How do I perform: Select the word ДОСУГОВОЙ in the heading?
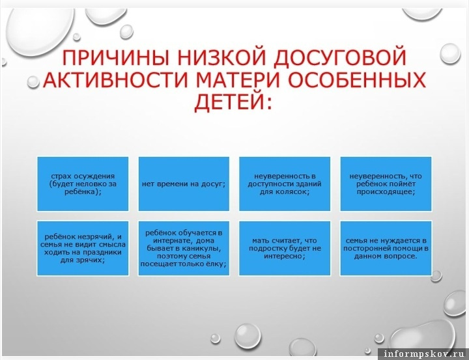pos(340,57)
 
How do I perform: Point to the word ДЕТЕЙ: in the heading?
pos(233,102)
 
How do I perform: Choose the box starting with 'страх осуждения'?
pos(83,184)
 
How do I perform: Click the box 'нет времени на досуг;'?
pos(184,184)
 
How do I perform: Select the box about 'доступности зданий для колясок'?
pos(285,184)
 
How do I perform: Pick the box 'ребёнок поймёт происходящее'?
pos(386,184)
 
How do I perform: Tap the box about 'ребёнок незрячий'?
pos(83,248)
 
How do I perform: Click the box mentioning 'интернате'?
pos(184,248)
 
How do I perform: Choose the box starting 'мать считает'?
pos(285,248)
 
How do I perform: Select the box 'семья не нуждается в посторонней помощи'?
pos(386,248)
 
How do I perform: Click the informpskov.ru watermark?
pos(423,353)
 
